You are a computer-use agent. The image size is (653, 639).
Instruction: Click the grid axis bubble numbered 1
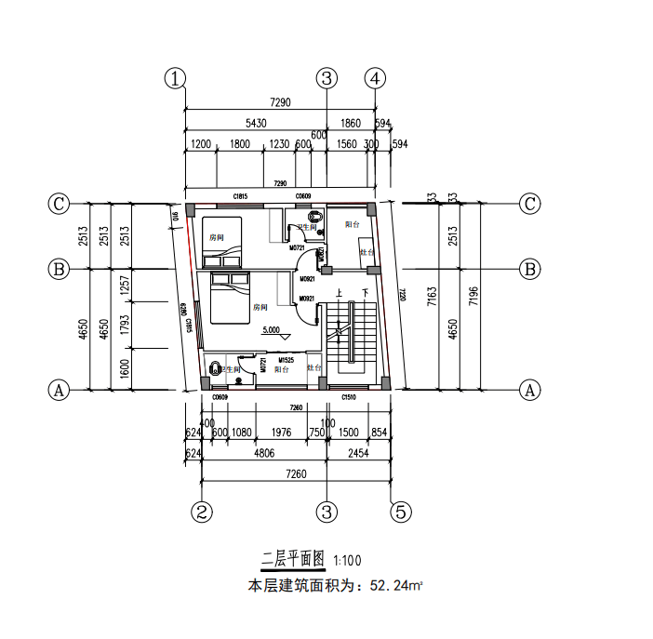pyautogui.click(x=175, y=78)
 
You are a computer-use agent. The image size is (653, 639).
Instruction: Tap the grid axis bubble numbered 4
pyautogui.click(x=376, y=78)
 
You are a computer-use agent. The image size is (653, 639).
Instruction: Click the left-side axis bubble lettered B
pyautogui.click(x=59, y=269)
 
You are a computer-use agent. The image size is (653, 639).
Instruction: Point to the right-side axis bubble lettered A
pyautogui.click(x=530, y=390)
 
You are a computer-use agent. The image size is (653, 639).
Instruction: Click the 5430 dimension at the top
pyautogui.click(x=256, y=123)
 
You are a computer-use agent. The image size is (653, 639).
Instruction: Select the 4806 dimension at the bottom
pyautogui.click(x=265, y=455)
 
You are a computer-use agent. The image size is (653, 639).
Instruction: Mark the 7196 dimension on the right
pyautogui.click(x=474, y=296)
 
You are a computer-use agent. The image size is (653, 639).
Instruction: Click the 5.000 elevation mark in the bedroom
pyautogui.click(x=273, y=330)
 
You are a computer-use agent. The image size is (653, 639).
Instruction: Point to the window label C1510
pyautogui.click(x=349, y=398)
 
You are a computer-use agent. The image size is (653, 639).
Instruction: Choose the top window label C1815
pyautogui.click(x=239, y=197)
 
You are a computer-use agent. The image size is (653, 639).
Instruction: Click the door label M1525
pyautogui.click(x=287, y=360)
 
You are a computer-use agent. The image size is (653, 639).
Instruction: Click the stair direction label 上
pyautogui.click(x=340, y=293)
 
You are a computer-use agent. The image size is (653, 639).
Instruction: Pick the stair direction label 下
pyautogui.click(x=366, y=293)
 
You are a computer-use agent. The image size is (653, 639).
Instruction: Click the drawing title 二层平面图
pyautogui.click(x=292, y=559)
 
